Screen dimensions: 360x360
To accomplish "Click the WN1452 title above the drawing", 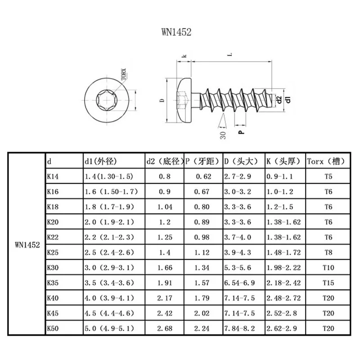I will coord(179,32).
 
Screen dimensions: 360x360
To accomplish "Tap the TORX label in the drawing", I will coord(124,73).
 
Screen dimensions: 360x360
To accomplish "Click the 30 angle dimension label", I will coord(222,133).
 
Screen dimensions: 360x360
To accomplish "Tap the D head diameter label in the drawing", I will coord(162,100).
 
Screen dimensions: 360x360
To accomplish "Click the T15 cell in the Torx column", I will coord(328,283).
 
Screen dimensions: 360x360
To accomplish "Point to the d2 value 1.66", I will coord(165,268).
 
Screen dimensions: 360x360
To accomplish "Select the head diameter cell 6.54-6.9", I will coord(239,283).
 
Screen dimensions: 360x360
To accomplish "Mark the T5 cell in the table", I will coord(328,177).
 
